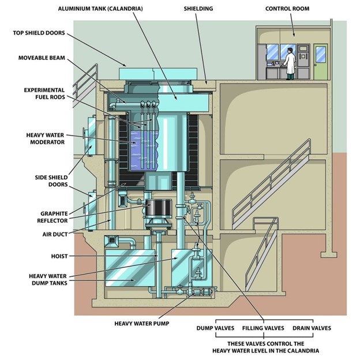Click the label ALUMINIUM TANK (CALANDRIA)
pyautogui.click(x=100, y=9)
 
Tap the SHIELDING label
pyautogui.click(x=198, y=9)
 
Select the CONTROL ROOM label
pyautogui.click(x=287, y=9)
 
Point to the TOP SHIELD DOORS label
pyautogui.click(x=39, y=33)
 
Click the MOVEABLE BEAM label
pyautogui.click(x=42, y=58)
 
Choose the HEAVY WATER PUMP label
pyautogui.click(x=142, y=324)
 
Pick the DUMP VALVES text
pyautogui.click(x=215, y=328)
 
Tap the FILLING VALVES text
pyautogui.click(x=263, y=328)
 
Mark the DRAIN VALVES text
pyautogui.click(x=312, y=328)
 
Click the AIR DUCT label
pyautogui.click(x=55, y=234)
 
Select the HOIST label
pyautogui.click(x=59, y=256)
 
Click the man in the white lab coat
pyautogui.click(x=290, y=63)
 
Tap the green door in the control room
pyautogui.click(x=321, y=62)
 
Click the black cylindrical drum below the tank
pyautogui.click(x=159, y=209)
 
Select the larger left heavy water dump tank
pyautogui.click(x=130, y=268)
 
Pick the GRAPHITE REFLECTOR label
pyautogui.click(x=52, y=217)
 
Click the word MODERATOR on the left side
pyautogui.click(x=47, y=142)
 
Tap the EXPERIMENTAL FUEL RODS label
pyautogui.click(x=44, y=93)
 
